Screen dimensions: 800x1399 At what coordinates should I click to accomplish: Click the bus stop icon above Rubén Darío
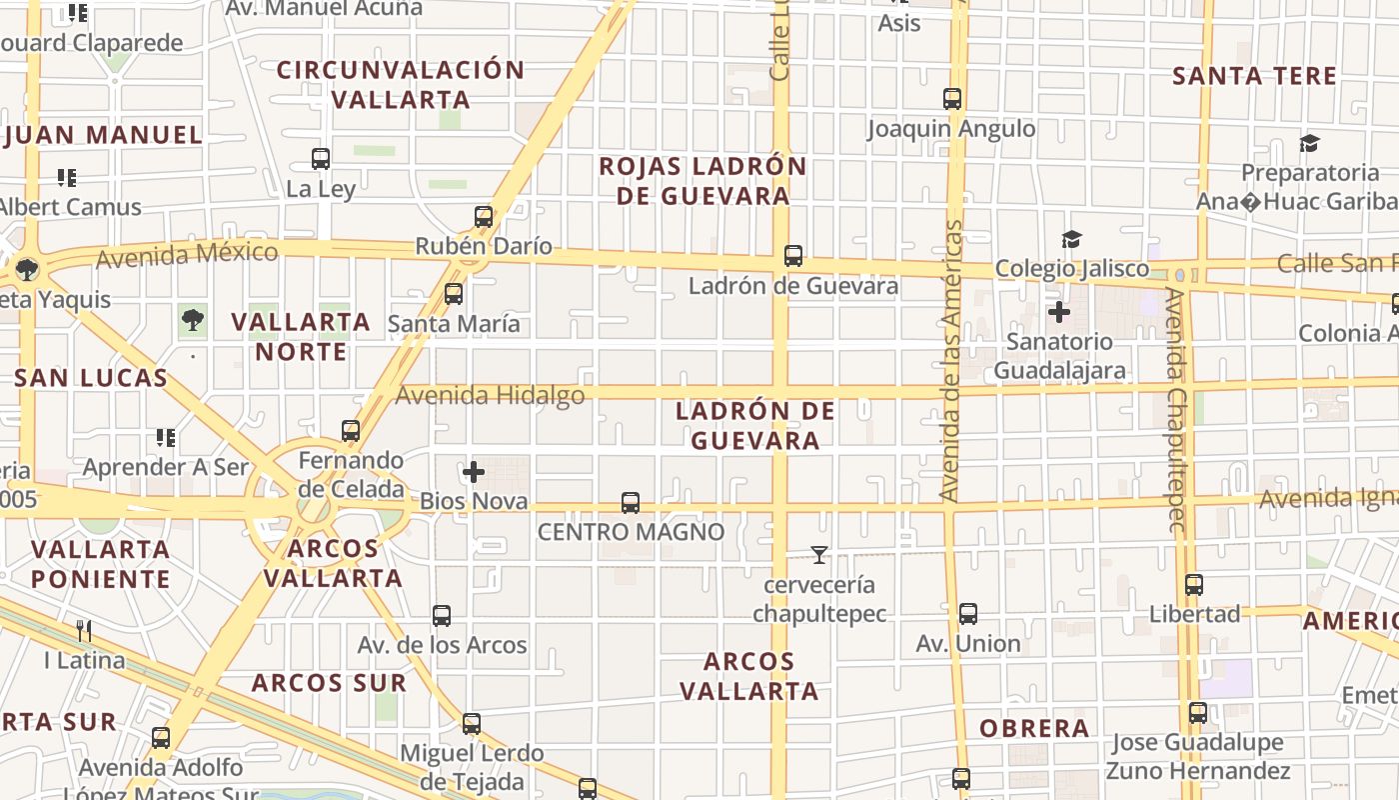484,216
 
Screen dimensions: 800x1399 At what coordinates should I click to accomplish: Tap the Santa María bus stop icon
454,294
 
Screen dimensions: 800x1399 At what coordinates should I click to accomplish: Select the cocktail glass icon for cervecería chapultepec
819,555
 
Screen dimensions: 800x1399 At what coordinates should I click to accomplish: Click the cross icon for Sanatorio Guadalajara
1059,312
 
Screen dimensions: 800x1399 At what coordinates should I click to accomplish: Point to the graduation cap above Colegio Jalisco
1072,239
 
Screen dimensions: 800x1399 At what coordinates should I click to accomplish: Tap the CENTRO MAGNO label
631,532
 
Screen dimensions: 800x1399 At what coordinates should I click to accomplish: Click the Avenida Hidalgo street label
490,395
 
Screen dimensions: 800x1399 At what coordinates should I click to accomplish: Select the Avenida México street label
187,254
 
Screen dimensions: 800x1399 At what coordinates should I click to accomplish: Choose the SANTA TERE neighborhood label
1254,76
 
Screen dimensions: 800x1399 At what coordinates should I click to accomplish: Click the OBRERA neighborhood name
1034,728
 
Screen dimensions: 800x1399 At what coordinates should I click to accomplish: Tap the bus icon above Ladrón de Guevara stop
793,256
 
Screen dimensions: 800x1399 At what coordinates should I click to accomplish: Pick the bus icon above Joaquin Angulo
952,99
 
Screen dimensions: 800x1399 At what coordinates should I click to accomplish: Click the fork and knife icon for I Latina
85,630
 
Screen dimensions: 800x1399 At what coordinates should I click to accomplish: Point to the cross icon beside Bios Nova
474,471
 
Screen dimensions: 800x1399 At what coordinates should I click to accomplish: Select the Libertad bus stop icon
1194,585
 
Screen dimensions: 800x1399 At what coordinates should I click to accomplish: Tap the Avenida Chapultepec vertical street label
1176,410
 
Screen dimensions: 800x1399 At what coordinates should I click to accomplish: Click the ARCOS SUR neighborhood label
329,683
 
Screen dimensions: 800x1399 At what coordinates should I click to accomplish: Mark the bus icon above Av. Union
968,614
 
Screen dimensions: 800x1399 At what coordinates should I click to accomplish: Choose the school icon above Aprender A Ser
166,438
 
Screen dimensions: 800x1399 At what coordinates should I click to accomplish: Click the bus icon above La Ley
321,158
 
